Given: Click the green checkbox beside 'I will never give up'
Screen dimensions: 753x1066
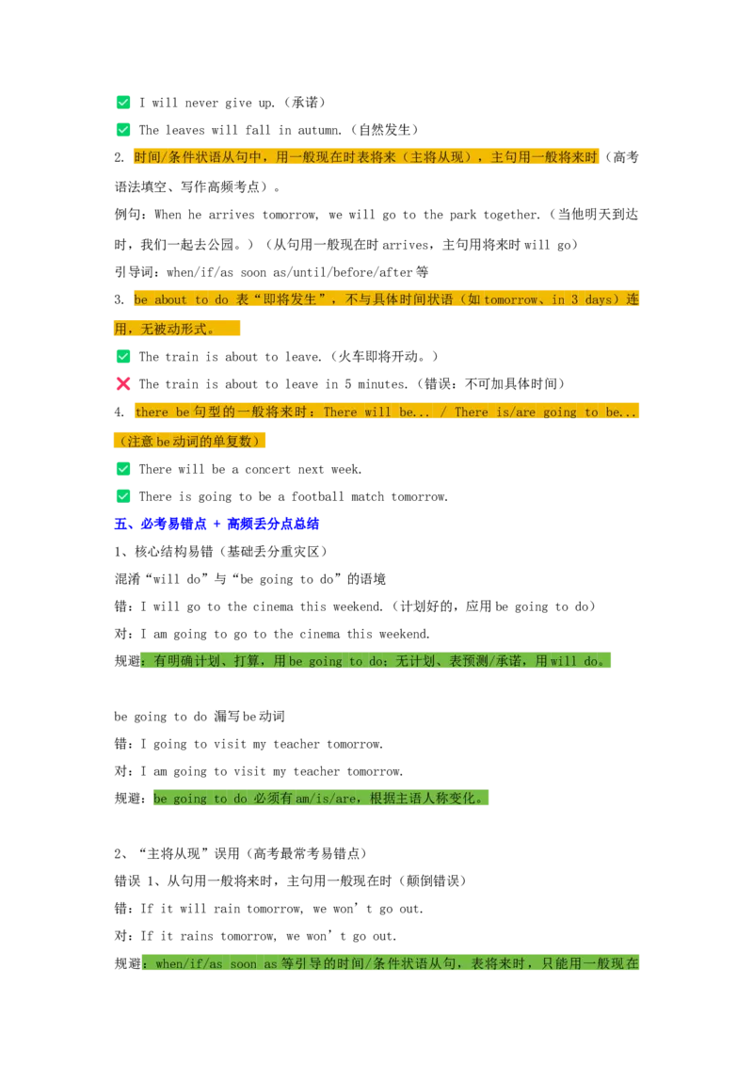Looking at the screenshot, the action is click(123, 103).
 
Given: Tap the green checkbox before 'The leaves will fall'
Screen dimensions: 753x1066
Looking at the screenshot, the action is click(123, 130).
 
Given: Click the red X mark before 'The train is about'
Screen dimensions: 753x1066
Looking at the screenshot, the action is click(123, 384).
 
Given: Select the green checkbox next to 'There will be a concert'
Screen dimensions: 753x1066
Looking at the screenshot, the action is click(123, 469).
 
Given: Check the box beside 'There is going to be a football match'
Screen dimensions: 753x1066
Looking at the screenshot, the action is click(123, 496).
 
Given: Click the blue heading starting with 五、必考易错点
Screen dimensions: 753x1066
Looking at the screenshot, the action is click(216, 524).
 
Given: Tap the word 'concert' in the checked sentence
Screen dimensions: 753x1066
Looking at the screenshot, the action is click(267, 470).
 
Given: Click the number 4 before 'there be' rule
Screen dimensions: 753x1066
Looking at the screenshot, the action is click(119, 412).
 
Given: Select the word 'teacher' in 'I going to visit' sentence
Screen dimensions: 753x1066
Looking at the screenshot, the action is click(296, 745).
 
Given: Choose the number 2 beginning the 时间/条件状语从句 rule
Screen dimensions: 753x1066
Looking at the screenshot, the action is click(119, 157).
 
